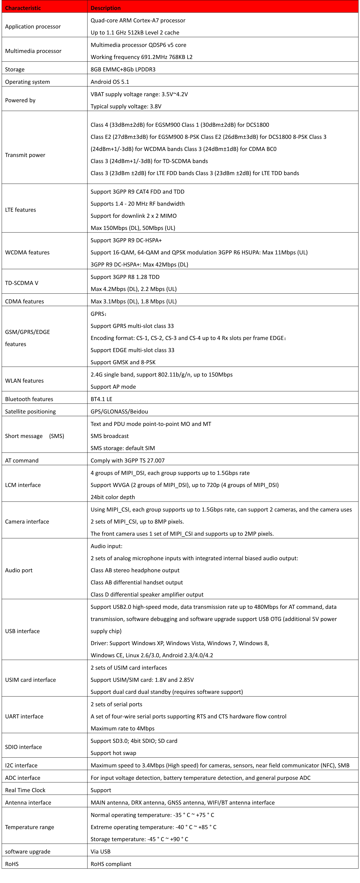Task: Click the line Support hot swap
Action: (x=113, y=753)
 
